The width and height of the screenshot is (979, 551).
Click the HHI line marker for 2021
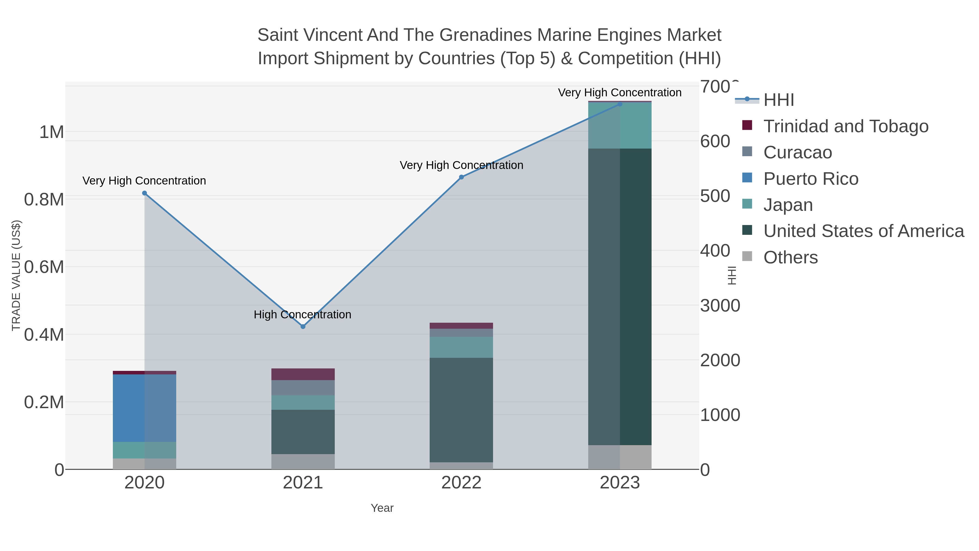(303, 327)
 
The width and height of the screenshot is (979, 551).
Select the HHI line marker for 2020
(144, 193)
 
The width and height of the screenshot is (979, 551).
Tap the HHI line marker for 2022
(461, 177)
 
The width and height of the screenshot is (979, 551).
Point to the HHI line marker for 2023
(620, 104)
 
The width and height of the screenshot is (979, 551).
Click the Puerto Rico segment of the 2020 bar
(144, 408)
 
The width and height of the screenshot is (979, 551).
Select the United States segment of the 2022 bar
(461, 410)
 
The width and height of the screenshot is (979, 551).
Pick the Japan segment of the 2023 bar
(620, 125)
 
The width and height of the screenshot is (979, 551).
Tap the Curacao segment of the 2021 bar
(303, 387)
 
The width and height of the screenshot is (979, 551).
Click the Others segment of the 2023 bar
(620, 457)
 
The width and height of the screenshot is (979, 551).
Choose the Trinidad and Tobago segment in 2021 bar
(303, 374)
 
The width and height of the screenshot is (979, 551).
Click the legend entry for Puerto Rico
(811, 179)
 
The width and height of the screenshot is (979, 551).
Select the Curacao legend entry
(797, 152)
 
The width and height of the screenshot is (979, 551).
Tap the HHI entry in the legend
(778, 100)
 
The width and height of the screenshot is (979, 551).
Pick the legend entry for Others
(790, 257)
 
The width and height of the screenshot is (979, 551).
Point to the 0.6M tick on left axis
(44, 267)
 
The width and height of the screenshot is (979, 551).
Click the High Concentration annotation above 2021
(302, 315)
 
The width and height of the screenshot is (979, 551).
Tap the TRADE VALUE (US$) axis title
(16, 275)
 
